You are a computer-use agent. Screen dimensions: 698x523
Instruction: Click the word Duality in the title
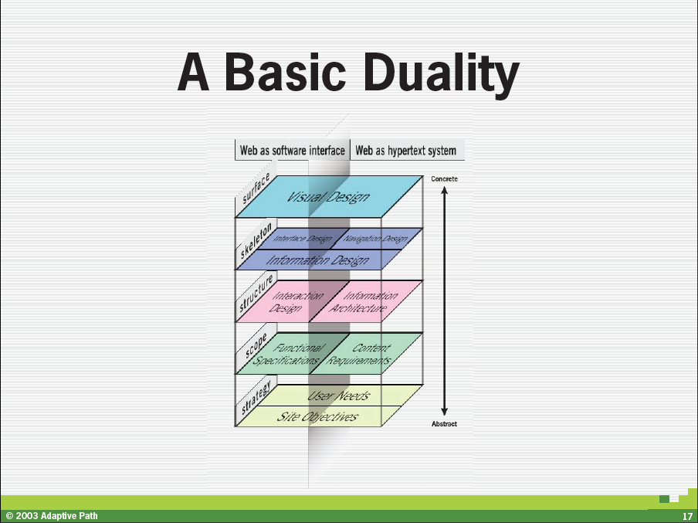click(442, 73)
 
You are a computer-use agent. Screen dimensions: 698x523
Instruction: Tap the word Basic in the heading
click(285, 72)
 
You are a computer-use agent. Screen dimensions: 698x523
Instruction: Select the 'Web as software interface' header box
click(293, 150)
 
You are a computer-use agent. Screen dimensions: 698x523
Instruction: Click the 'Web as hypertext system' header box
click(408, 150)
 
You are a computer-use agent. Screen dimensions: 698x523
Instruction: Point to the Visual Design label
click(328, 197)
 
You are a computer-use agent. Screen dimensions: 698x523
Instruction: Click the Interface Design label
click(303, 239)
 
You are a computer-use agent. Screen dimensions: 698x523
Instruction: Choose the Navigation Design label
click(375, 239)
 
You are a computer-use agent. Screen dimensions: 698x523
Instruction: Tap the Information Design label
click(317, 260)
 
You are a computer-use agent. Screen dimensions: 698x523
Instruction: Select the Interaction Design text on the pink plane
click(296, 301)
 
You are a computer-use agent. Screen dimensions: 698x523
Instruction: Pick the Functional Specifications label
click(287, 354)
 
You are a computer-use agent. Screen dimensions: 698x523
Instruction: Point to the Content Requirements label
click(359, 354)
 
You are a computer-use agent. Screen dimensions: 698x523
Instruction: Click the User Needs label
click(339, 395)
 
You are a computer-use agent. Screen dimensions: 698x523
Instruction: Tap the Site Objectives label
click(317, 416)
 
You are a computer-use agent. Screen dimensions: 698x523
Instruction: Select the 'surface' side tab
click(256, 188)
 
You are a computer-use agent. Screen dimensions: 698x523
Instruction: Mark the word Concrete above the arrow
click(444, 178)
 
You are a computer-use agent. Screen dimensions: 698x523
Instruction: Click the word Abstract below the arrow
click(444, 423)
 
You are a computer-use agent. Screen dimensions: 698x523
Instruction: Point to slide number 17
click(687, 517)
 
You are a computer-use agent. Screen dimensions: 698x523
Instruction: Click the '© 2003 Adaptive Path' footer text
click(52, 516)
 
